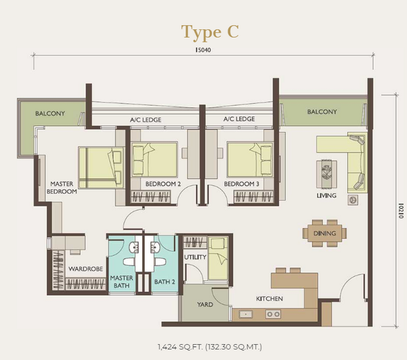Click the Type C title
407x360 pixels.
pos(210,32)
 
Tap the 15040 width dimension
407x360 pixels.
pos(203,50)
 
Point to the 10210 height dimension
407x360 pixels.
pos(401,211)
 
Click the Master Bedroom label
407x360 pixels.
pos(62,188)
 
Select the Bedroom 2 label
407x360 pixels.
pos(163,184)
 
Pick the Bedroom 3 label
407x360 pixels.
pos(242,184)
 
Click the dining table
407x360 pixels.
pos(325,233)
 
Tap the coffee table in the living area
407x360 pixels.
pos(327,174)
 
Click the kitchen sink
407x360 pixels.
pos(246,314)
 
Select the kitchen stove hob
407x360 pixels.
pos(273,314)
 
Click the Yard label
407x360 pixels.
pos(205,304)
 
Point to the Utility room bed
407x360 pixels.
pos(218,258)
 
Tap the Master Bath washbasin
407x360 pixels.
pos(134,247)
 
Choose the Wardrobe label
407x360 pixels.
pos(86,269)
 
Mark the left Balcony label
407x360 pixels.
pos(50,113)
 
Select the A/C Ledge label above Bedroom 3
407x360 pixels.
pos(239,119)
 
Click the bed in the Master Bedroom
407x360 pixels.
pos(101,167)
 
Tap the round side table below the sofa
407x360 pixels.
pos(352,200)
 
